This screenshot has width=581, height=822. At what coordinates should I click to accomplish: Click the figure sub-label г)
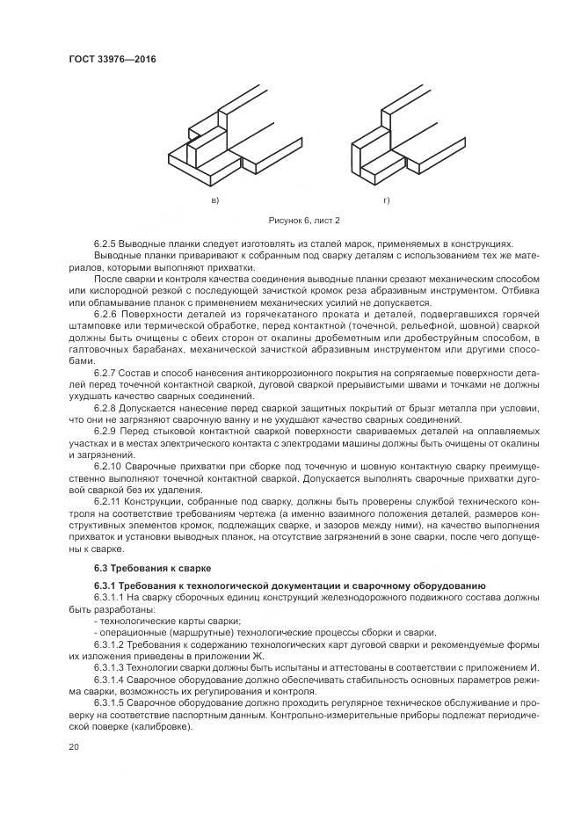(386, 201)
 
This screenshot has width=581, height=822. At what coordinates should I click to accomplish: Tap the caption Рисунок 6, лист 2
(303, 221)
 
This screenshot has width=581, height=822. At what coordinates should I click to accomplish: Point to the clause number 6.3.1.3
(111, 667)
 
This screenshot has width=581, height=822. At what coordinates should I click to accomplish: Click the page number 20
(74, 746)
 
